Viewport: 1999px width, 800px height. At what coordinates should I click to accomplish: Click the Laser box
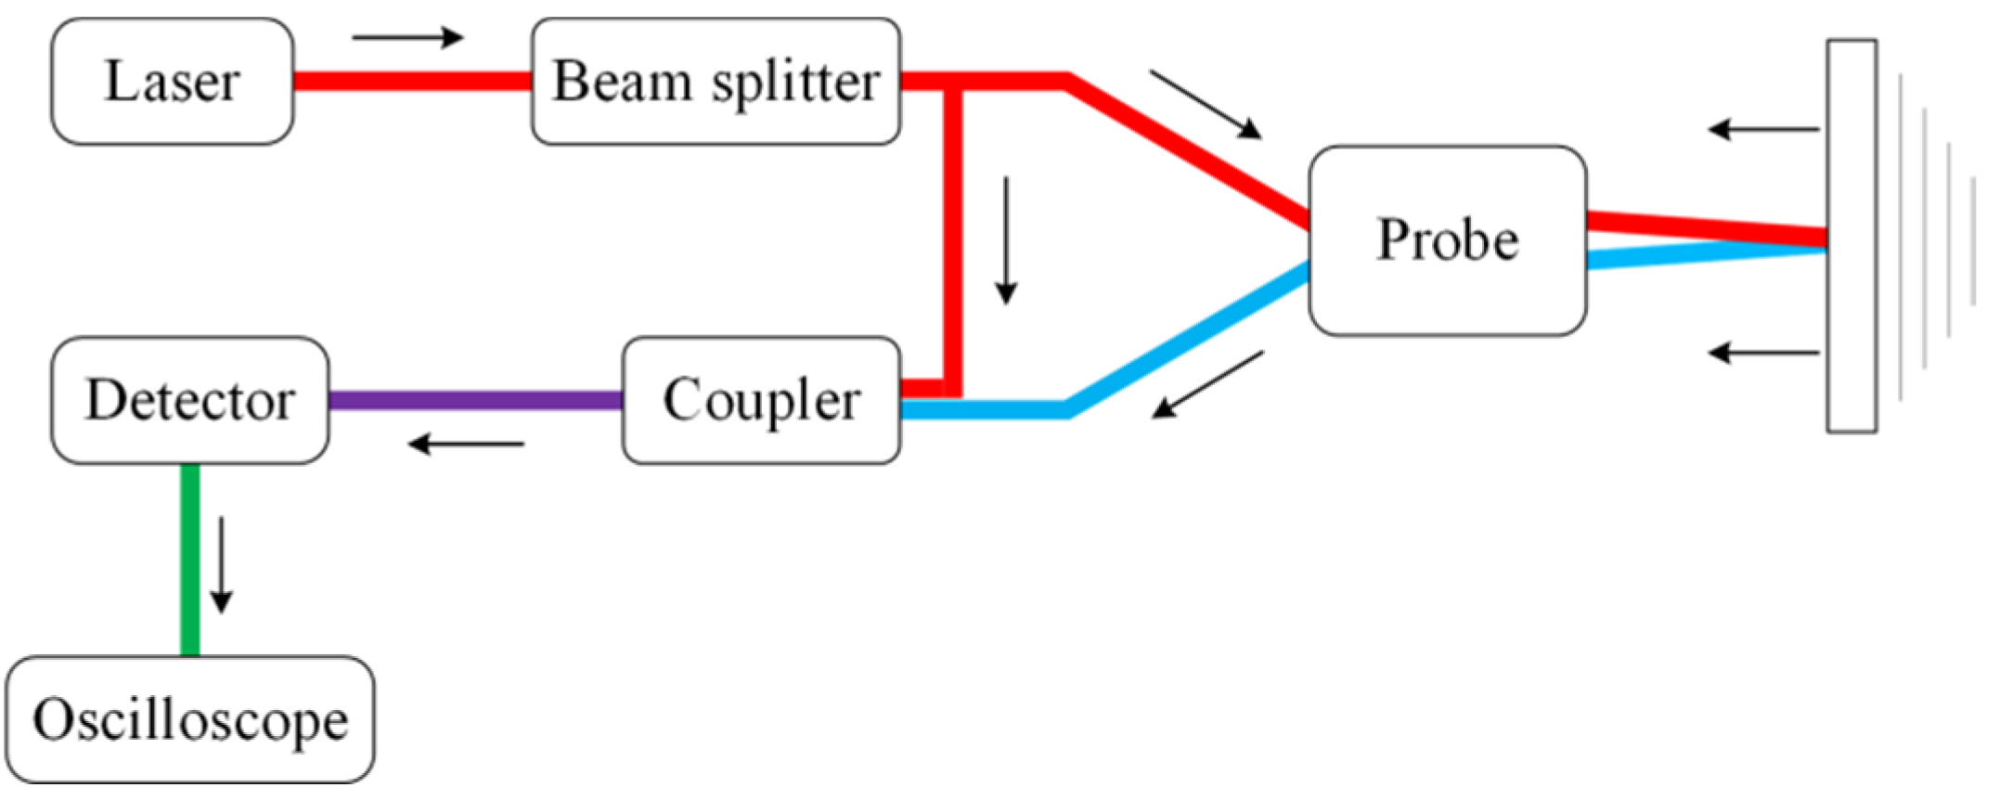coord(173,82)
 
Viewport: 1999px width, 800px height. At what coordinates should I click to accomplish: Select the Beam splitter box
coord(716,82)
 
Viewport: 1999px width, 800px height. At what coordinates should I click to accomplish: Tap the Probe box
coord(1447,240)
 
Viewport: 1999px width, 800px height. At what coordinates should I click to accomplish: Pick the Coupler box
coord(761,400)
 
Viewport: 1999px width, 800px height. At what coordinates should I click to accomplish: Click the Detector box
coord(190,400)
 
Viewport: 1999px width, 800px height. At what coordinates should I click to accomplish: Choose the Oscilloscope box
coord(190,720)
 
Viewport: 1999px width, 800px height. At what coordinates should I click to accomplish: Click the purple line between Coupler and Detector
coord(475,401)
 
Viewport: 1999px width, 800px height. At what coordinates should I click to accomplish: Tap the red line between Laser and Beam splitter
coord(412,82)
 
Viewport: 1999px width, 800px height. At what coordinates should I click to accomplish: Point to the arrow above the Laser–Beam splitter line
coord(407,37)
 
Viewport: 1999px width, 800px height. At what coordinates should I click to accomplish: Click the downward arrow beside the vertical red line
coord(1006,241)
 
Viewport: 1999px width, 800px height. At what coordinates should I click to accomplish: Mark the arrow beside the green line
coord(221,565)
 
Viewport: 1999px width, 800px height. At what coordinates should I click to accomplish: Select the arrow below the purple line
coord(467,445)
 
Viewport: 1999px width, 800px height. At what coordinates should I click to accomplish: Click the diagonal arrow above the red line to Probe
coord(1206,104)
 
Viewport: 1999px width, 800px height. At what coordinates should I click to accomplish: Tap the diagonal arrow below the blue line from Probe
coord(1207,385)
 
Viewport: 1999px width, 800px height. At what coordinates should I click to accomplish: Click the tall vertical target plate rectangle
coord(1851,236)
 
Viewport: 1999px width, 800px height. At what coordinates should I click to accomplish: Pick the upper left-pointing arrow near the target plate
coord(1763,129)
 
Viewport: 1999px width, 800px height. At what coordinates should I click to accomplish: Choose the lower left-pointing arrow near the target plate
coord(1763,353)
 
